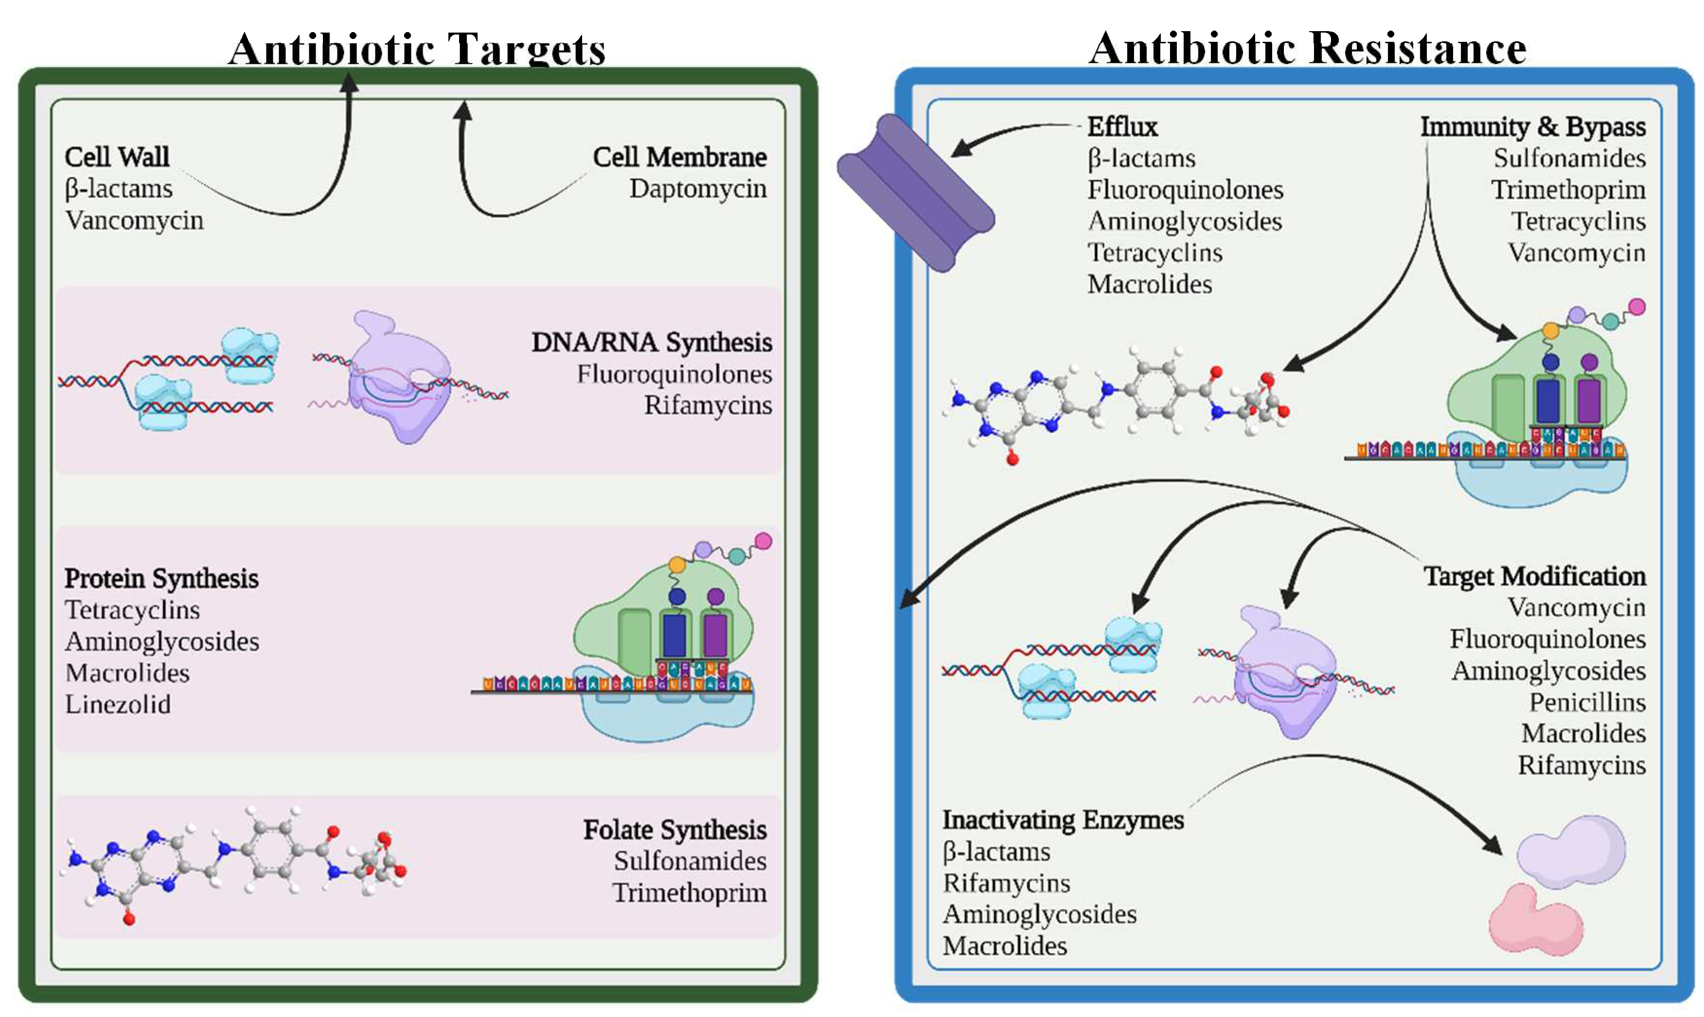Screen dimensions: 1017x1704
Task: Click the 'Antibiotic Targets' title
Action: coord(417,49)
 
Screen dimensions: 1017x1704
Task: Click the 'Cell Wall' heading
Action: coord(117,157)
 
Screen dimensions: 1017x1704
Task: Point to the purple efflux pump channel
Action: coord(915,193)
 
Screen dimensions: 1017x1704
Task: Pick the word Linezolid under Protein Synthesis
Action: coord(118,704)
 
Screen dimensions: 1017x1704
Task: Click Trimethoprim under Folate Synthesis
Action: coord(689,893)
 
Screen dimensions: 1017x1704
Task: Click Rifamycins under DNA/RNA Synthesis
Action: coord(707,406)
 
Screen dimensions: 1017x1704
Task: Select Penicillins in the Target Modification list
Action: coord(1587,702)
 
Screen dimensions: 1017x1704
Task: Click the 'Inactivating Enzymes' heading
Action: coord(1063,821)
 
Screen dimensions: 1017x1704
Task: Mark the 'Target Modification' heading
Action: coord(1534,576)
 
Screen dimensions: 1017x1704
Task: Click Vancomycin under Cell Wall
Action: coord(134,221)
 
